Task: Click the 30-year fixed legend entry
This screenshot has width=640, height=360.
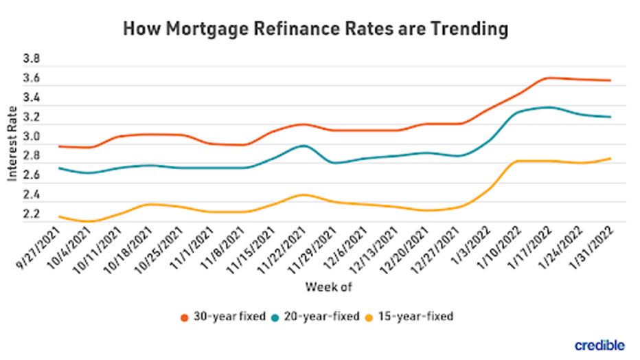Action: coord(225,317)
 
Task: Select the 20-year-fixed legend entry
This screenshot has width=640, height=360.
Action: coord(322,317)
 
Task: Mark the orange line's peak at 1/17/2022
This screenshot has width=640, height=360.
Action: coord(549,78)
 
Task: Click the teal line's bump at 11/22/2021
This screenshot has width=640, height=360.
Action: coord(302,146)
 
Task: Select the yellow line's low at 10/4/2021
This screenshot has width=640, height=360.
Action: coord(90,221)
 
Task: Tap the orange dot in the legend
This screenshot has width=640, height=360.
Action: coord(184,317)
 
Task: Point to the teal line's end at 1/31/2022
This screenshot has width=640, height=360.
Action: coord(609,117)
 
